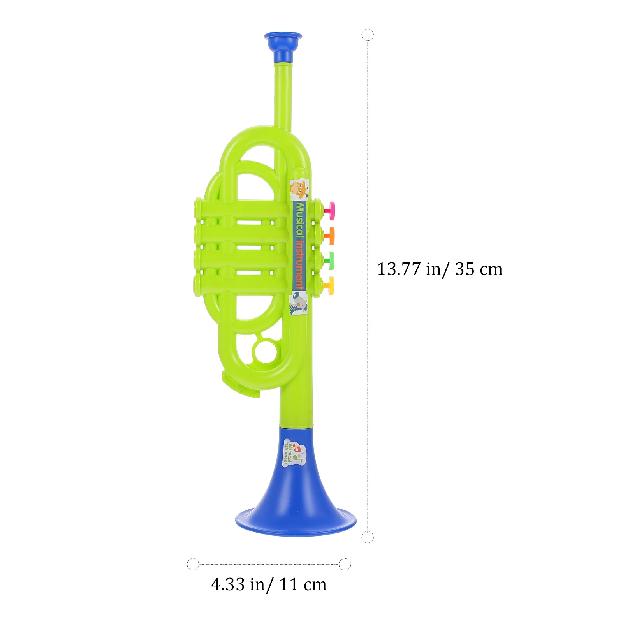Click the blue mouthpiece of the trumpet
[283, 48]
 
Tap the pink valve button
[330, 210]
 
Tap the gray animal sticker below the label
[299, 303]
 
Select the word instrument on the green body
[299, 265]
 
